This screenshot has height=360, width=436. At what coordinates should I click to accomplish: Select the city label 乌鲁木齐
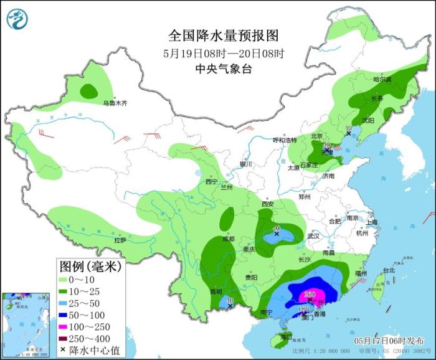tap(115, 103)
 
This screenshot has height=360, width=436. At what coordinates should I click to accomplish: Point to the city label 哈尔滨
tap(382, 79)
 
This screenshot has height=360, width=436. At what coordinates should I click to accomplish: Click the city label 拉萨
tap(120, 240)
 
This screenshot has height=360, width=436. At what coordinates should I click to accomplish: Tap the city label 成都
tap(229, 239)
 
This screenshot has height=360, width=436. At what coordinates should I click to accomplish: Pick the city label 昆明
tap(216, 291)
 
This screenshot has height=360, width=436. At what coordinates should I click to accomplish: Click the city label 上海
tap(372, 222)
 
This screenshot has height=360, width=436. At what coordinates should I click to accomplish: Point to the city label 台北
tap(389, 270)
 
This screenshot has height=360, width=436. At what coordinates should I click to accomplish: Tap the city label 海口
tap(286, 337)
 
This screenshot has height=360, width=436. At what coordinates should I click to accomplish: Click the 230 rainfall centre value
tap(310, 295)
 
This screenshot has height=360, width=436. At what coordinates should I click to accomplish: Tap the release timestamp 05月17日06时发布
tap(390, 341)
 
